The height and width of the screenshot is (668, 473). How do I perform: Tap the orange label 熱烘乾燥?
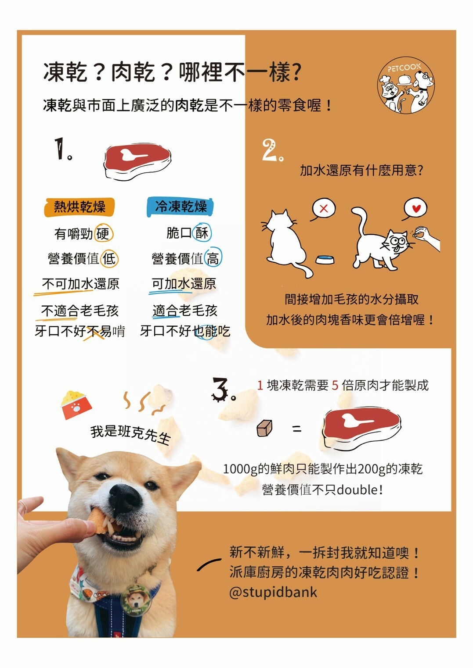[79, 207]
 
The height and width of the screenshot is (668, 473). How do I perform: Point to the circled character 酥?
[202, 233]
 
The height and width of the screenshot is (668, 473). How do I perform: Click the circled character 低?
[109, 259]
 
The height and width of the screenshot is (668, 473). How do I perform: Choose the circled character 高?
[213, 259]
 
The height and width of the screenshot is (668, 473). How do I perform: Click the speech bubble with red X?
[324, 209]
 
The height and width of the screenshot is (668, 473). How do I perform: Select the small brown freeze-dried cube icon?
[264, 428]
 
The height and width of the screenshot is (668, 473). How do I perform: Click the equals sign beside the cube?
[297, 429]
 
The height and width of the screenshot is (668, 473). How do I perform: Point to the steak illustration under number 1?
[137, 161]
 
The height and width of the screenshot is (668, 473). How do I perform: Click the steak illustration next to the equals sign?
[361, 428]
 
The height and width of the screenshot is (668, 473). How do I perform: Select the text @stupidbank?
[273, 592]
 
